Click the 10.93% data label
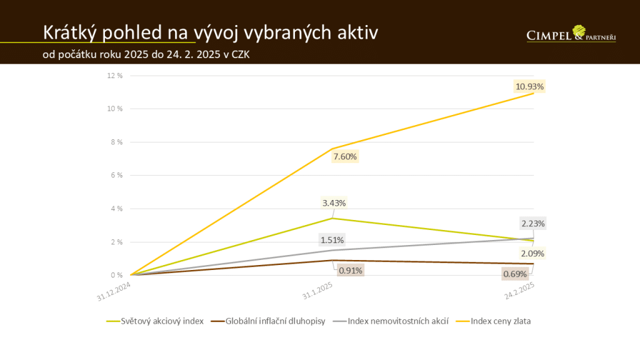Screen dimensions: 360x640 point(530,86)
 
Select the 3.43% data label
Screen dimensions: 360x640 point(334,202)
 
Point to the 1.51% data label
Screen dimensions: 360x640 point(332,240)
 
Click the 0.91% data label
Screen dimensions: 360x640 point(350,271)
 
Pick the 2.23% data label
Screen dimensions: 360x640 point(533,223)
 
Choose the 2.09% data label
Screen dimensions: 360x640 point(532,253)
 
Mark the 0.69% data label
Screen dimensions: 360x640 point(516,274)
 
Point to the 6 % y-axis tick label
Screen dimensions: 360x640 point(117,175)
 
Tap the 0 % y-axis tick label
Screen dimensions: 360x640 point(117,275)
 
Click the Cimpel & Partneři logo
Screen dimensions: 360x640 point(571,34)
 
